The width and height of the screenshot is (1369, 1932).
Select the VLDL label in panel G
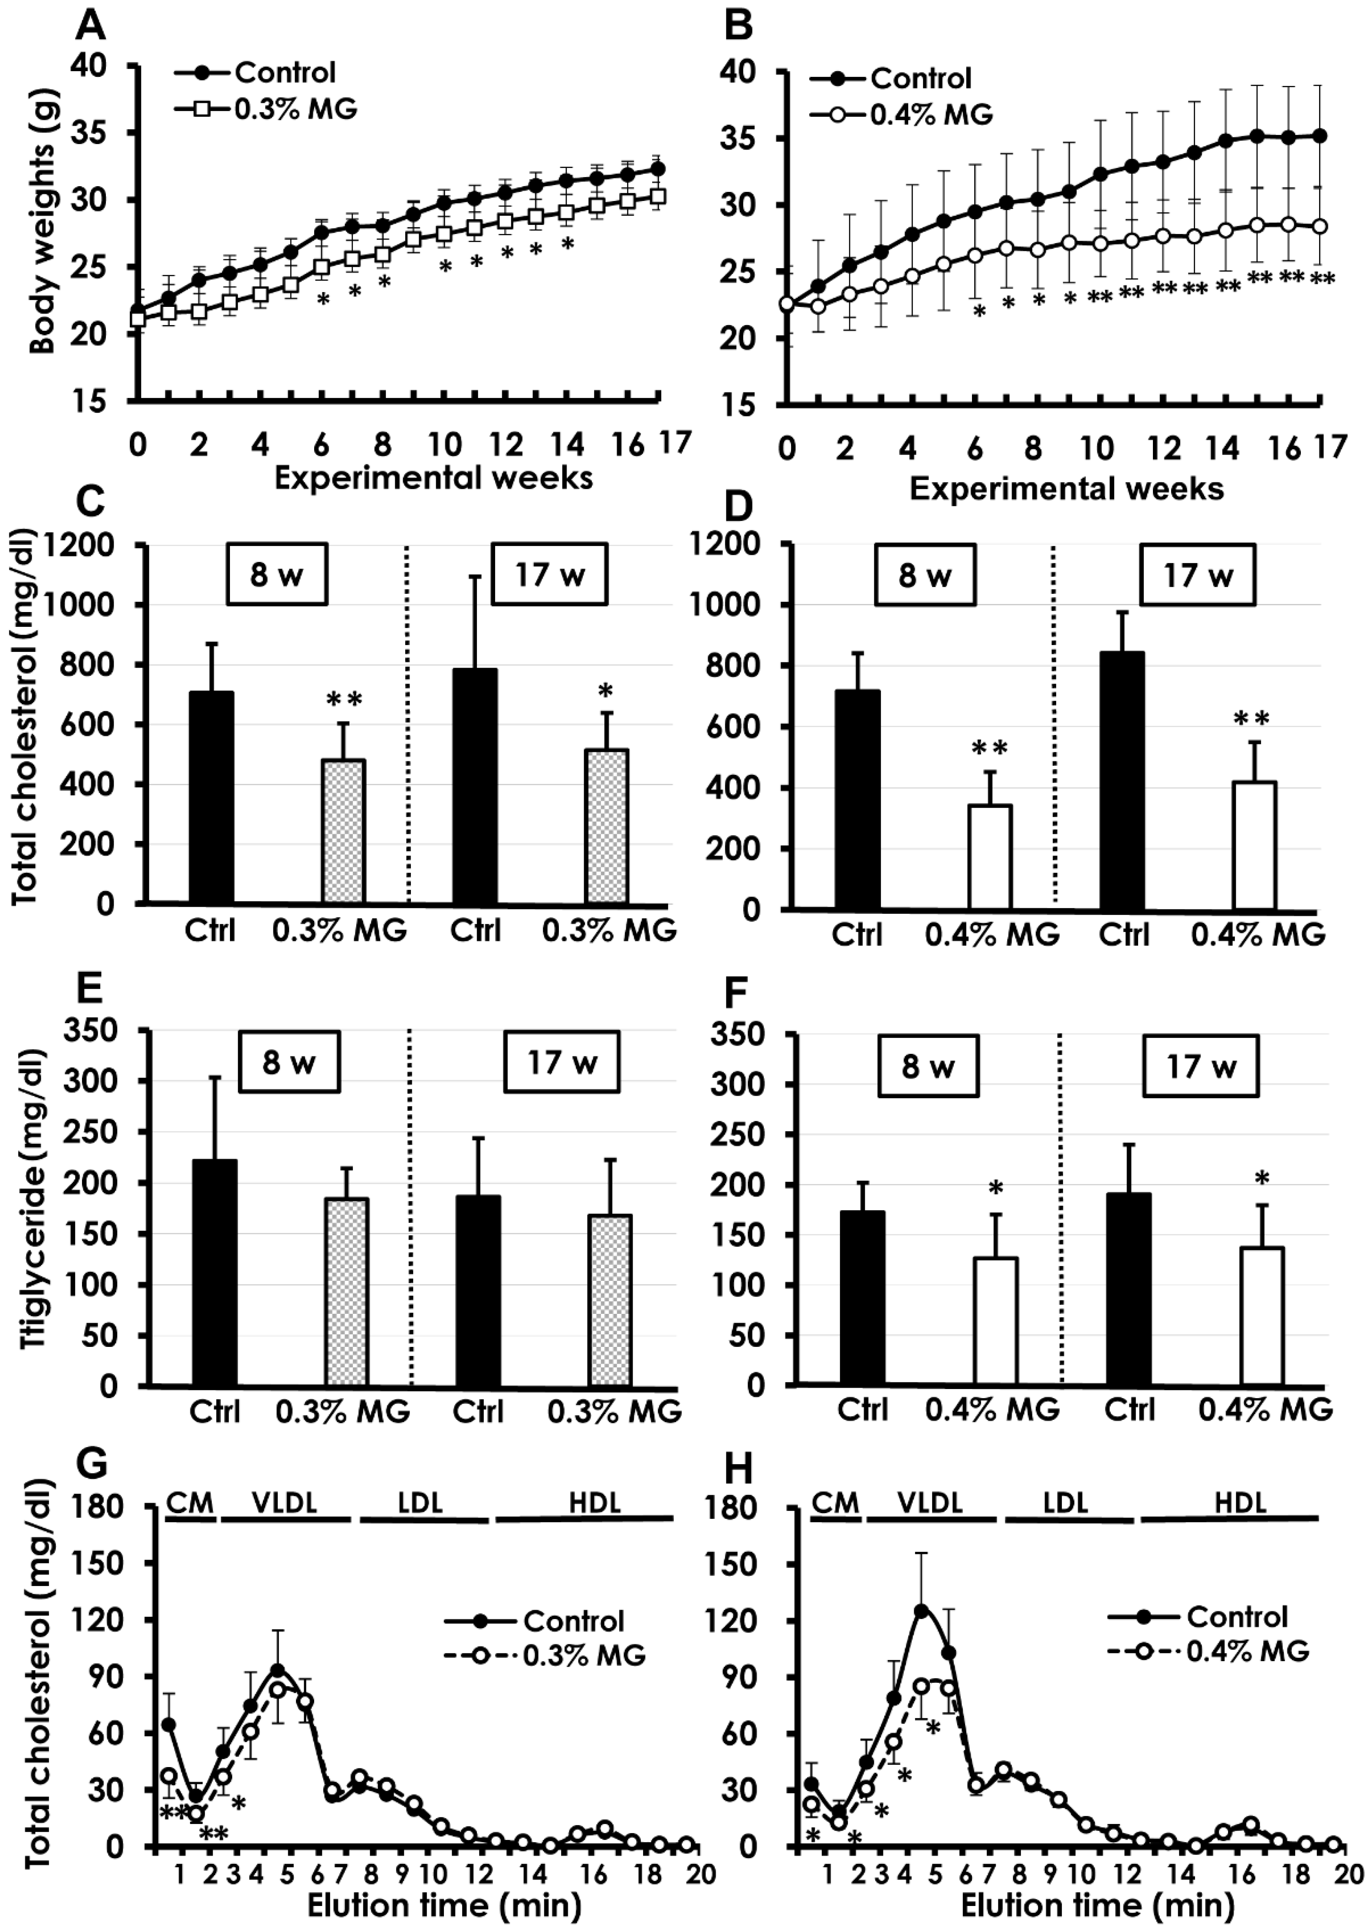pos(285,1502)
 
